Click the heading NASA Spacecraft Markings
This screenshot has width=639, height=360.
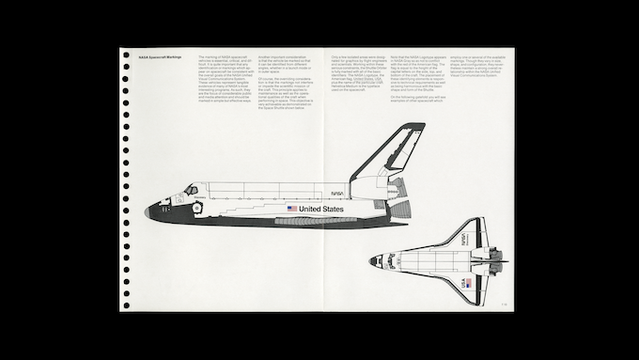[x=157, y=56]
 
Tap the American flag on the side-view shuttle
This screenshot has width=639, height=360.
[x=292, y=209]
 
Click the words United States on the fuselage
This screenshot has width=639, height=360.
[x=321, y=209]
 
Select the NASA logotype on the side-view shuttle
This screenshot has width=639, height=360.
[x=336, y=192]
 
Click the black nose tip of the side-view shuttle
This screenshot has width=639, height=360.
[x=148, y=213]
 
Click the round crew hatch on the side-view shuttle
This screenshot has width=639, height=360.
[x=197, y=207]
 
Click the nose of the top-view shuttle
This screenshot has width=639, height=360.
[x=372, y=260]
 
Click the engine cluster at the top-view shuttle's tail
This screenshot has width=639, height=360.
[x=499, y=259]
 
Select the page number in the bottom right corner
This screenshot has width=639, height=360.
[x=505, y=302]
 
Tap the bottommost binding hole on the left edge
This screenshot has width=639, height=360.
[x=125, y=305]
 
